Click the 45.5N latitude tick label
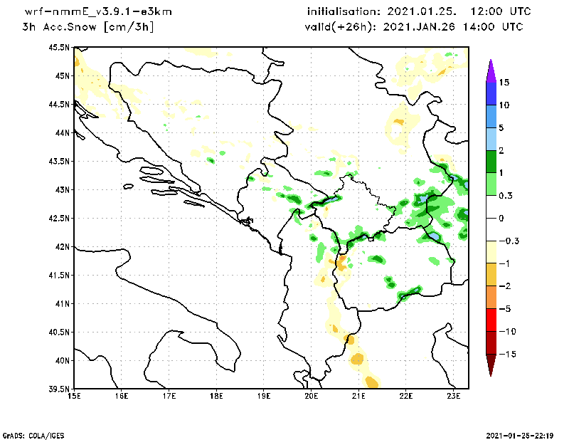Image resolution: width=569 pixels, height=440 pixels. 60,48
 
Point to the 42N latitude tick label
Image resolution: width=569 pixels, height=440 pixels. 62,247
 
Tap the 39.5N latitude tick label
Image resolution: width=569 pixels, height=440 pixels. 60,389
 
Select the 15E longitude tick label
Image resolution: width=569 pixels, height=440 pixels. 74,397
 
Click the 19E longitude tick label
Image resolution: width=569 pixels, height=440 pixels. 264,397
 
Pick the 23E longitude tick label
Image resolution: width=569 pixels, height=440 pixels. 454,397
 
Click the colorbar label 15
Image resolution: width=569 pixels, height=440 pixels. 504,83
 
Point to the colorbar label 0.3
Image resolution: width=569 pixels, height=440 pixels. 506,195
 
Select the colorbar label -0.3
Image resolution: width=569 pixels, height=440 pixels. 508,241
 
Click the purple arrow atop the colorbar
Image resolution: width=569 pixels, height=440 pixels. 491,70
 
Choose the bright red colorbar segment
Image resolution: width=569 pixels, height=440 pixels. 491,320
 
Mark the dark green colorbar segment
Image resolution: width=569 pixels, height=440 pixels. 491,162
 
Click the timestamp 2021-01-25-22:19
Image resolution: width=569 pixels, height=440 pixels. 522,434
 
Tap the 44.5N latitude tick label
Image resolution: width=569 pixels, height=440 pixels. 60,105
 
